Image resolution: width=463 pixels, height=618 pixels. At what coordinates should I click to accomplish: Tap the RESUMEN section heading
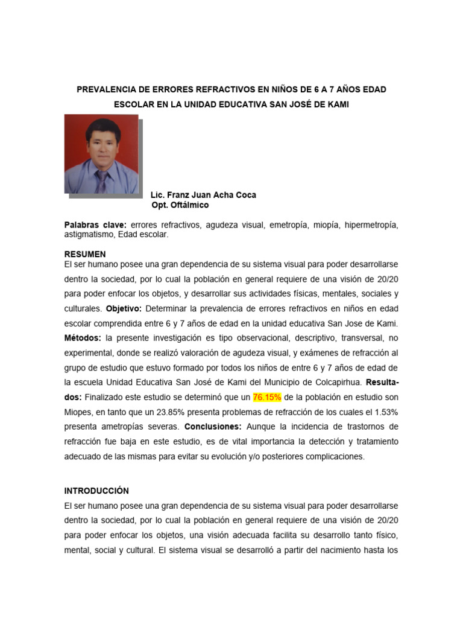[85, 254]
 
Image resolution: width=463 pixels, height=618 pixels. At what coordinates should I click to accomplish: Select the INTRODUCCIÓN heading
[96, 491]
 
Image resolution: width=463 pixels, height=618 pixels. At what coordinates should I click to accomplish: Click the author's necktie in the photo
[101, 180]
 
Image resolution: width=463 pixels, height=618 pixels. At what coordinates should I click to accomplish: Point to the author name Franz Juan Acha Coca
[203, 195]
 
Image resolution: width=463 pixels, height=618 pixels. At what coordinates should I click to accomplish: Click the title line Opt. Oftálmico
[180, 205]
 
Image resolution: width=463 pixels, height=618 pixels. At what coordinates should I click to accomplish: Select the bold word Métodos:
[84, 337]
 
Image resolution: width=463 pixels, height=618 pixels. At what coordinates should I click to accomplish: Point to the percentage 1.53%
[383, 412]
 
